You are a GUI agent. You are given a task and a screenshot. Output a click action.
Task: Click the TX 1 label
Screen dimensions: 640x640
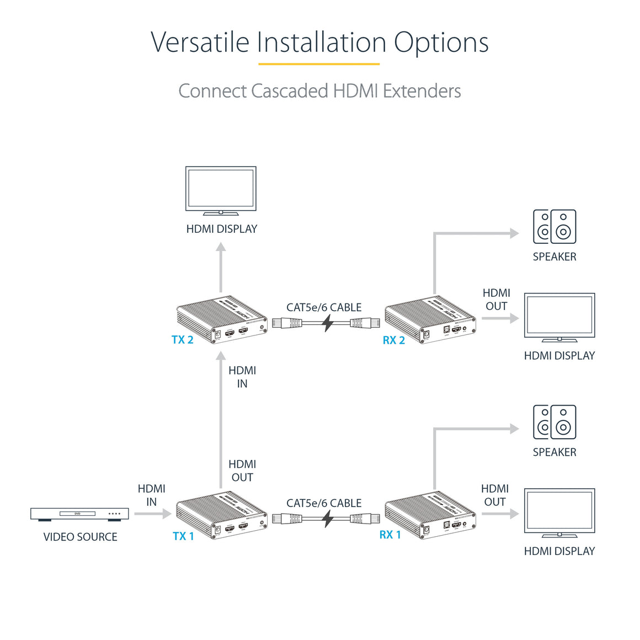pyautogui.click(x=183, y=536)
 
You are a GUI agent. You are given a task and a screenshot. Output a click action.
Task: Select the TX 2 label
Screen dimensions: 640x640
pyautogui.click(x=182, y=340)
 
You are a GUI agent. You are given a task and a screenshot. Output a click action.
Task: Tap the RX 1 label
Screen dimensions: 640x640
pyautogui.click(x=390, y=535)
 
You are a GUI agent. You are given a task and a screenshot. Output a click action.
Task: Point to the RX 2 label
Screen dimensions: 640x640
pyautogui.click(x=394, y=340)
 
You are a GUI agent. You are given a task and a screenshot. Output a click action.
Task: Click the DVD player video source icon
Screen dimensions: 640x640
pyautogui.click(x=79, y=514)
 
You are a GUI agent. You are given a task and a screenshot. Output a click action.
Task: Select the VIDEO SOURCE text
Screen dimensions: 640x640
pyautogui.click(x=80, y=537)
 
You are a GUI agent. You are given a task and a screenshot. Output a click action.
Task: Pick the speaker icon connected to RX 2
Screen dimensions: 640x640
pyautogui.click(x=554, y=227)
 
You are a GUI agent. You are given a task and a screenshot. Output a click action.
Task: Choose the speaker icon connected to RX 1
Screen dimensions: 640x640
pyautogui.click(x=554, y=422)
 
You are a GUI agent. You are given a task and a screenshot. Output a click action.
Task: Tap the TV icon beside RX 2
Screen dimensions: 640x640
pyautogui.click(x=559, y=317)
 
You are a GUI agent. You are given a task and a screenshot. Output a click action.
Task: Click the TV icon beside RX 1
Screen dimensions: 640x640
pyautogui.click(x=559, y=513)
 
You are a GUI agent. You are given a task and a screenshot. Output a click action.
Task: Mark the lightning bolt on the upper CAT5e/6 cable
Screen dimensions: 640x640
pyautogui.click(x=328, y=323)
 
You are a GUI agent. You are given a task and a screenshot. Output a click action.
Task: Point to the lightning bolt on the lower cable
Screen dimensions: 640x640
pyautogui.click(x=328, y=519)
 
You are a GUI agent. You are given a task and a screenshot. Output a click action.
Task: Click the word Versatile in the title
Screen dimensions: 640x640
pyautogui.click(x=200, y=42)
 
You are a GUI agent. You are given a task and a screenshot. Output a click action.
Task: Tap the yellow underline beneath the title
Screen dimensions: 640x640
pyautogui.click(x=319, y=64)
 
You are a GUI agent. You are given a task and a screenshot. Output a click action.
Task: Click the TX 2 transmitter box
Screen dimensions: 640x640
pyautogui.click(x=222, y=320)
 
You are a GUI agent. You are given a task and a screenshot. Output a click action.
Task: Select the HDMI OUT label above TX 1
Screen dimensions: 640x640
pyautogui.click(x=242, y=471)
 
